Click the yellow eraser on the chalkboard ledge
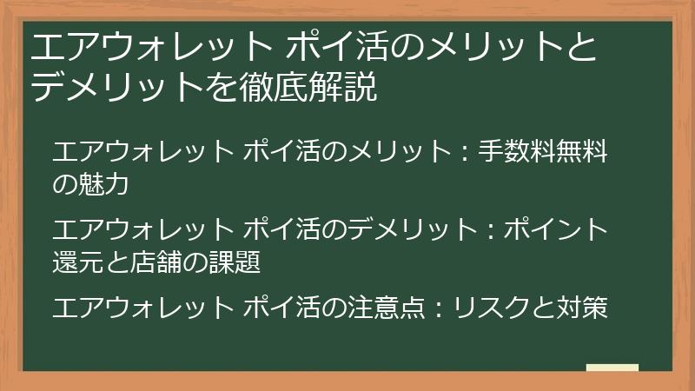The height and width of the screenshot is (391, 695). point(612,367)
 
